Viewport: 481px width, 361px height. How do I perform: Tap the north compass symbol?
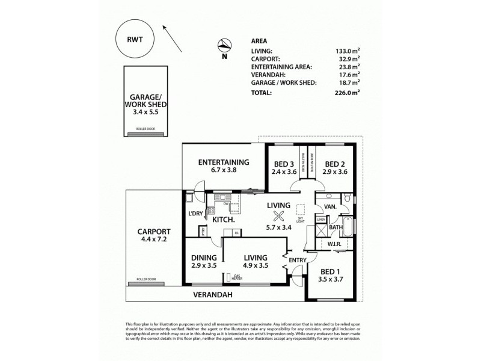(224, 45)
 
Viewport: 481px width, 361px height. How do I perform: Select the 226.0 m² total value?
(346, 93)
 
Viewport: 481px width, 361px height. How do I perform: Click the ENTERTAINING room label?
(224, 162)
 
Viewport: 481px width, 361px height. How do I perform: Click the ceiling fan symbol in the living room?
(278, 218)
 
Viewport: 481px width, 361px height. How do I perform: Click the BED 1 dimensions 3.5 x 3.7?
(331, 280)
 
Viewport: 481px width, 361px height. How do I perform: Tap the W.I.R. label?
(334, 244)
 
